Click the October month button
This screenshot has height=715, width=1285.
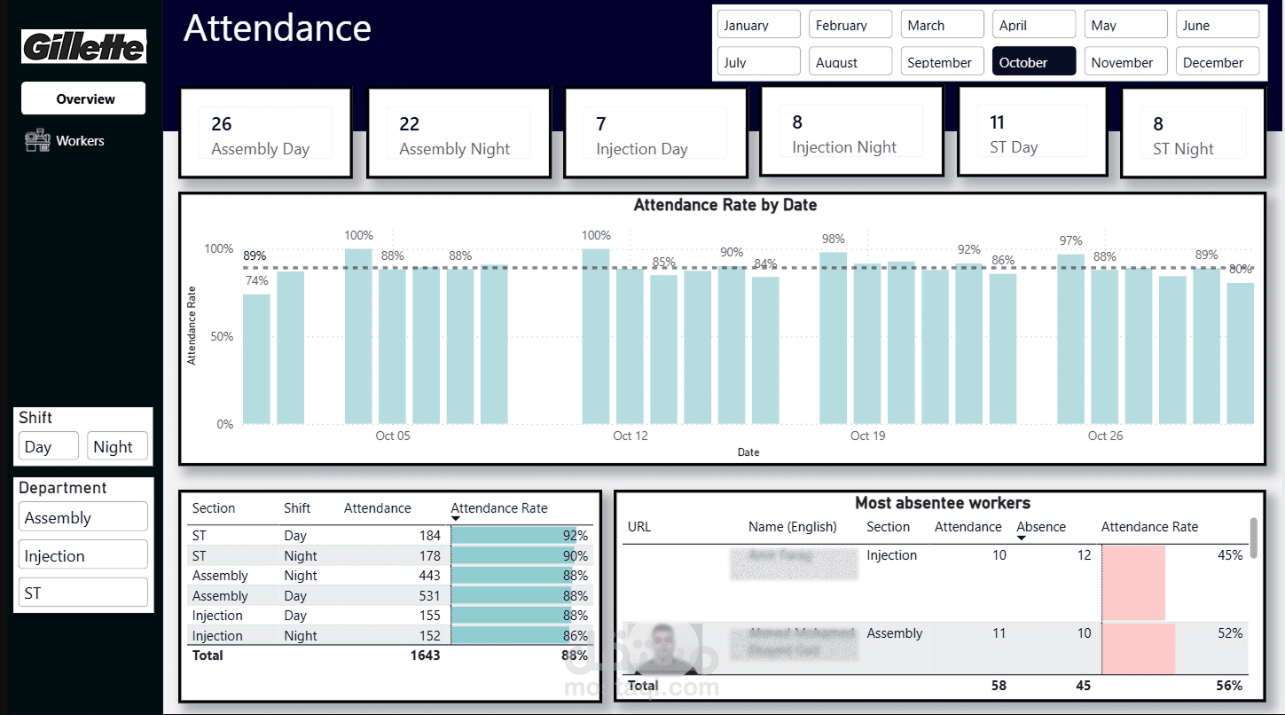point(1033,62)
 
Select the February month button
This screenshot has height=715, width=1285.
point(850,25)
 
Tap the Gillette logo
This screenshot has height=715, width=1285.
point(84,47)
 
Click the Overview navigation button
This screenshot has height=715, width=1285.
point(84,98)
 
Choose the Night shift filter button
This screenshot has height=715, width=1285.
point(116,447)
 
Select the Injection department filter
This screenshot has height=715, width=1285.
point(82,555)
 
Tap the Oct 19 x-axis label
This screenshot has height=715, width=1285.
point(867,436)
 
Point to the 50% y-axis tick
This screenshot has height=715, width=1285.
point(219,336)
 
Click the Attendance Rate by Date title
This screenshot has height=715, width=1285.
point(725,205)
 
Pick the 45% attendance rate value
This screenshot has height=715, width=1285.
point(1229,555)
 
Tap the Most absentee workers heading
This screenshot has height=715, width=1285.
point(942,503)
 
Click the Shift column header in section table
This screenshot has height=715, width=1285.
point(297,508)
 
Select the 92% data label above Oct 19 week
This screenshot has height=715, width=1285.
point(968,249)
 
